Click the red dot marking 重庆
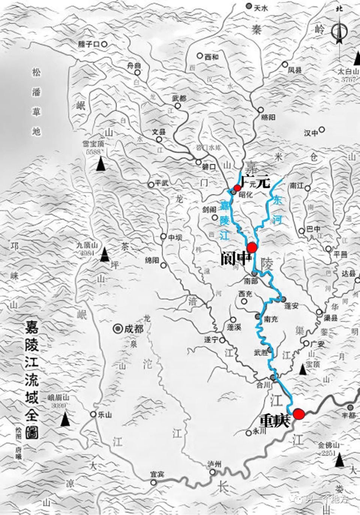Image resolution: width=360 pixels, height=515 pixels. [x=298, y=414]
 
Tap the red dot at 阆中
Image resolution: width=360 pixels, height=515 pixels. [x=251, y=247]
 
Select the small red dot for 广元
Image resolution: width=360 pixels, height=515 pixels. [x=237, y=187]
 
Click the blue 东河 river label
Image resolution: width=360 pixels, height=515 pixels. [x=277, y=210]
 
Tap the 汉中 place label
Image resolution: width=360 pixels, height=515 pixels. [x=311, y=132]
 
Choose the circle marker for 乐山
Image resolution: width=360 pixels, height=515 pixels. [x=93, y=414]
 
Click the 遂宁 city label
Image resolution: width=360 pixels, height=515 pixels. [x=211, y=340]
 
